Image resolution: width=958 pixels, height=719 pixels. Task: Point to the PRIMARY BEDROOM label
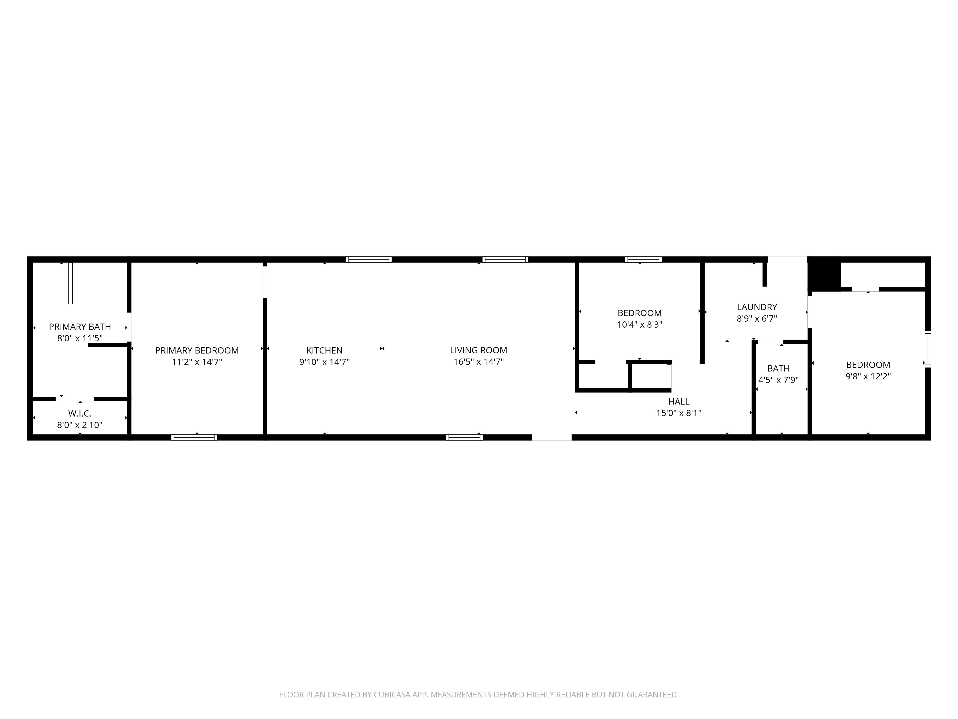pos(197,350)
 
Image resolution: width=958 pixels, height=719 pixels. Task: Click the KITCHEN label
pos(324,350)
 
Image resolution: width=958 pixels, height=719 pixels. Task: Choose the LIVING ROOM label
pos(479,350)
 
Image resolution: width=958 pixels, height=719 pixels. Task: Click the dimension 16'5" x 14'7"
pos(479,362)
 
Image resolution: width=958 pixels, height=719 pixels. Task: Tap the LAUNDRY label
pos(757,307)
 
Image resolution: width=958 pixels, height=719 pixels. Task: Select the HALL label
pos(679,401)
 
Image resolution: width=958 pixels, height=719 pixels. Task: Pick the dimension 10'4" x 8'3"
pos(640,325)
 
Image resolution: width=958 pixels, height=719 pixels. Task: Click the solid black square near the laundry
pos(824,274)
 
